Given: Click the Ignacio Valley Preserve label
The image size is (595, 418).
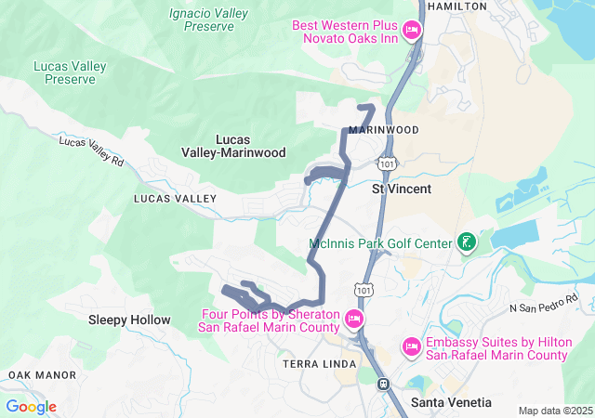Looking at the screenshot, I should pyautogui.click(x=202, y=20).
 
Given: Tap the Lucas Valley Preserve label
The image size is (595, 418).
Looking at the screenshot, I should pyautogui.click(x=70, y=72).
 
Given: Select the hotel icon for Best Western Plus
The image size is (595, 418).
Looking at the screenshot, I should pyautogui.click(x=413, y=32).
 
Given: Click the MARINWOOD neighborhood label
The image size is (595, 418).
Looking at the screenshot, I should pyautogui.click(x=384, y=130).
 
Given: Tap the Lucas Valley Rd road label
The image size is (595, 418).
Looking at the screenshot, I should pyautogui.click(x=91, y=151).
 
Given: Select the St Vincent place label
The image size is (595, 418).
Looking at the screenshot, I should pyautogui.click(x=402, y=189).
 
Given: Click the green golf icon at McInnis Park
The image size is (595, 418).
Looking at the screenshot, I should pyautogui.click(x=467, y=244).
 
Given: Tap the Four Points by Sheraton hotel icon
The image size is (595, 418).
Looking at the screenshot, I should pyautogui.click(x=353, y=320).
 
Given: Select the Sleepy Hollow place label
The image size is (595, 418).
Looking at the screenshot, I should pyautogui.click(x=129, y=320).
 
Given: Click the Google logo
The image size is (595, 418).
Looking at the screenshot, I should pyautogui.click(x=31, y=407).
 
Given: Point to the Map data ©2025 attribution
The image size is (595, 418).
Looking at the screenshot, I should pyautogui.click(x=554, y=411).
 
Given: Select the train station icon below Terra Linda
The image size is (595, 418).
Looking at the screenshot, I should pyautogui.click(x=382, y=383).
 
